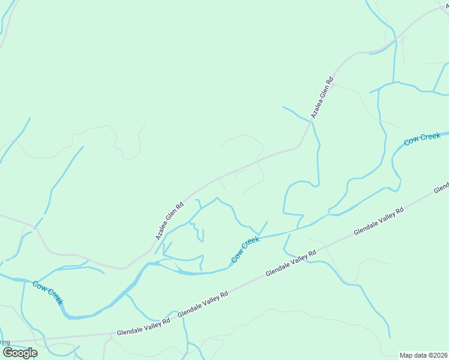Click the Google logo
pyautogui.click(x=20, y=353)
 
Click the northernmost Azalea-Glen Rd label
pyautogui.click(x=321, y=97)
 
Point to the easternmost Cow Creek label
pyautogui.click(x=422, y=139)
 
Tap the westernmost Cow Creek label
pyautogui.click(x=47, y=292)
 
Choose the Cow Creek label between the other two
pyautogui.click(x=246, y=249)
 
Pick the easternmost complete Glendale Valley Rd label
pyautogui.click(x=379, y=221)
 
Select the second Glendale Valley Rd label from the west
pyautogui.click(x=203, y=304)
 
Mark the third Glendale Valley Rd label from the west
pyautogui.click(x=291, y=264)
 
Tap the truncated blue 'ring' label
pyautogui.click(x=5, y=343)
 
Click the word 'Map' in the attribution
pyautogui.click(x=407, y=355)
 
